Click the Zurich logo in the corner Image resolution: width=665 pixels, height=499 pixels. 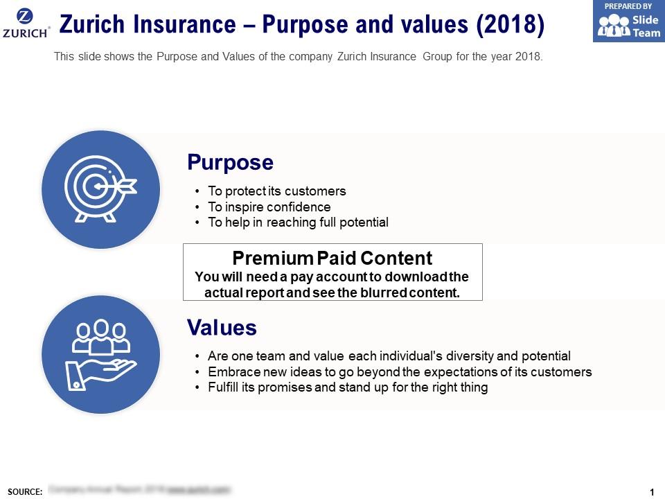coord(26,23)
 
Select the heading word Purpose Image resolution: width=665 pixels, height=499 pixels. coord(230,163)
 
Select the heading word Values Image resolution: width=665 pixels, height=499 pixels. coord(222,327)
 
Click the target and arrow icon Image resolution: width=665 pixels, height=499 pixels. coord(101,189)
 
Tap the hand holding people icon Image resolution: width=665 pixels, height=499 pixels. coord(101,354)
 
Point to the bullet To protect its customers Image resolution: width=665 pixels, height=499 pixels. coord(276,191)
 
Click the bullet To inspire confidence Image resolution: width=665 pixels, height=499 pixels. coord(269,207)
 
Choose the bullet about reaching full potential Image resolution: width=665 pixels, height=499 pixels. coord(298,222)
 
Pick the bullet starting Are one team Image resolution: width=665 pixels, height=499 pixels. coord(389,356)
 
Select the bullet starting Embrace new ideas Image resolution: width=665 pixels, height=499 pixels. coord(400,372)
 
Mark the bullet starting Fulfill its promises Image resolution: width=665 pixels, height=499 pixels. coord(348,387)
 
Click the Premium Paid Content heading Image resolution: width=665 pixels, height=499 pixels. coord(332,259)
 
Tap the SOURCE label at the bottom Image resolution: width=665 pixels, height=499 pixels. coord(25,491)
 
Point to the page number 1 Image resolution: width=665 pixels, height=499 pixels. coord(652,491)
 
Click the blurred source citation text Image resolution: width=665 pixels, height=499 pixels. coord(139,489)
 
